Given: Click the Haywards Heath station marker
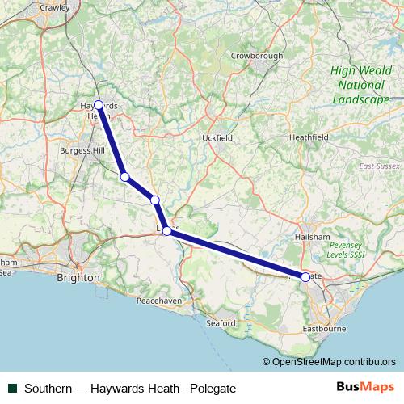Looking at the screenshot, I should pos(99,105).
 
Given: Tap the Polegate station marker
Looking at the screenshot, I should pos(305,277).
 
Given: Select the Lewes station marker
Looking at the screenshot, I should pos(166,231).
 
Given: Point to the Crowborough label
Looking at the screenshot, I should pos(257,56).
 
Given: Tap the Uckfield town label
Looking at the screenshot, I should pos(217,138).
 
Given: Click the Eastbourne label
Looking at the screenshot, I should pos(323,330).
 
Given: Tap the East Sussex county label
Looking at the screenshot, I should pos(376,166).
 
